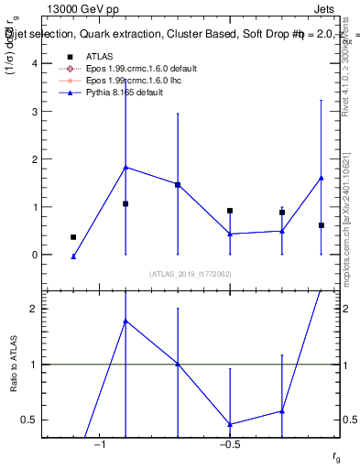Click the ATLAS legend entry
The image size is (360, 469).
point(99,56)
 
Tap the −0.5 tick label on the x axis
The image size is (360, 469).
point(229,444)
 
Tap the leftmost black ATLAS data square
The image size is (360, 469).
point(73,237)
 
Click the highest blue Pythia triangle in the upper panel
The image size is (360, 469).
point(125,168)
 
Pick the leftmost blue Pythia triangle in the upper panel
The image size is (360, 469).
point(73,256)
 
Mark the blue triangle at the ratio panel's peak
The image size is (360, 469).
point(125,321)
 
